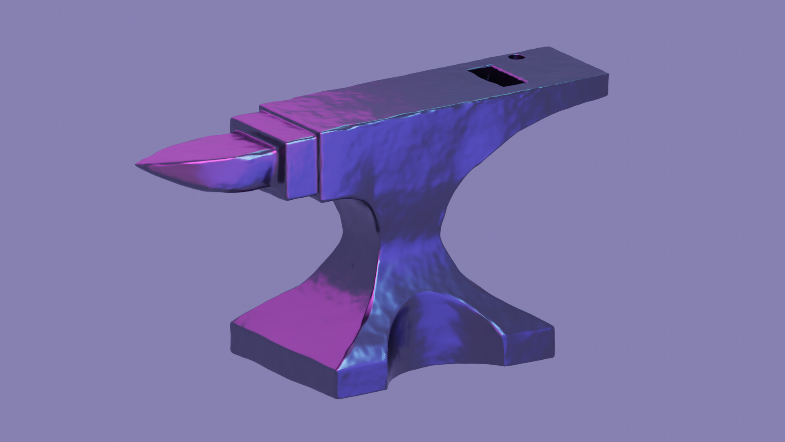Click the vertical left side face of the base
[x=282, y=360]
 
